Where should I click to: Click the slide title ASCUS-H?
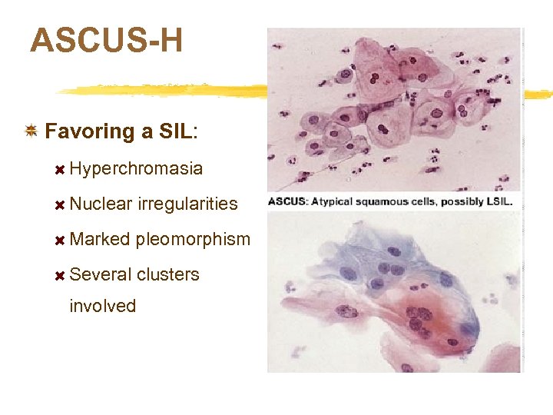106,40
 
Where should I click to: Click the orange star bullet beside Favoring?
31,131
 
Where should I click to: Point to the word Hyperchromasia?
136,168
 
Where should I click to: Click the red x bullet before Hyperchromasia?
59,169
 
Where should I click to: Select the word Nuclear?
100,204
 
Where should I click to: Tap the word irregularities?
188,204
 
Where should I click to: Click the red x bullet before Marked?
59,240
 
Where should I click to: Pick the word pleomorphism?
193,239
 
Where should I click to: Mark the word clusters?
167,274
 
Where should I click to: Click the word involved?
102,306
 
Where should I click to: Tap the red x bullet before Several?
59,275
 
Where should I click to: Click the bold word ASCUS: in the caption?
288,203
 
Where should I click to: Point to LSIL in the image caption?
495,203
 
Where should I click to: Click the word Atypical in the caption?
332,203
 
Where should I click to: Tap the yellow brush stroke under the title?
154,89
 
